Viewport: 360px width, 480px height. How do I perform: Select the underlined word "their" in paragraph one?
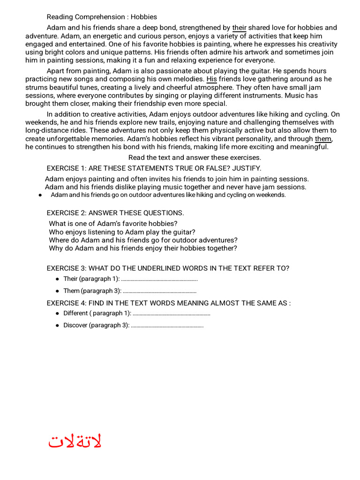coord(239,28)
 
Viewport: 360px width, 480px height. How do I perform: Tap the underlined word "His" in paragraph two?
coord(211,79)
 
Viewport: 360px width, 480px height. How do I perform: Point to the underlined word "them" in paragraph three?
coord(323,139)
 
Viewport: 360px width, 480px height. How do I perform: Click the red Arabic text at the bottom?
coord(75,442)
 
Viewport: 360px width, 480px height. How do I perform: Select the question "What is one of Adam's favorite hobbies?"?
coord(113,224)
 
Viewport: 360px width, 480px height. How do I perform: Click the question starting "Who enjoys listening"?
coord(122,232)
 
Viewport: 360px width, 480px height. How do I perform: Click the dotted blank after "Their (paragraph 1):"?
coord(159,279)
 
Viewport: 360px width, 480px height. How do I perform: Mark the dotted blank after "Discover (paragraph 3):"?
coord(167,325)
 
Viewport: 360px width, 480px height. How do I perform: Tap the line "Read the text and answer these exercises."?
coord(195,157)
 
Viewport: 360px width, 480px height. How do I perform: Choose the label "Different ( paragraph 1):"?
coord(97,313)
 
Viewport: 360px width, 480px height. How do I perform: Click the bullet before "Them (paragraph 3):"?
coord(57,291)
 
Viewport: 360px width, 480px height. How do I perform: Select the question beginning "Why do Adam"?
coord(142,248)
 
